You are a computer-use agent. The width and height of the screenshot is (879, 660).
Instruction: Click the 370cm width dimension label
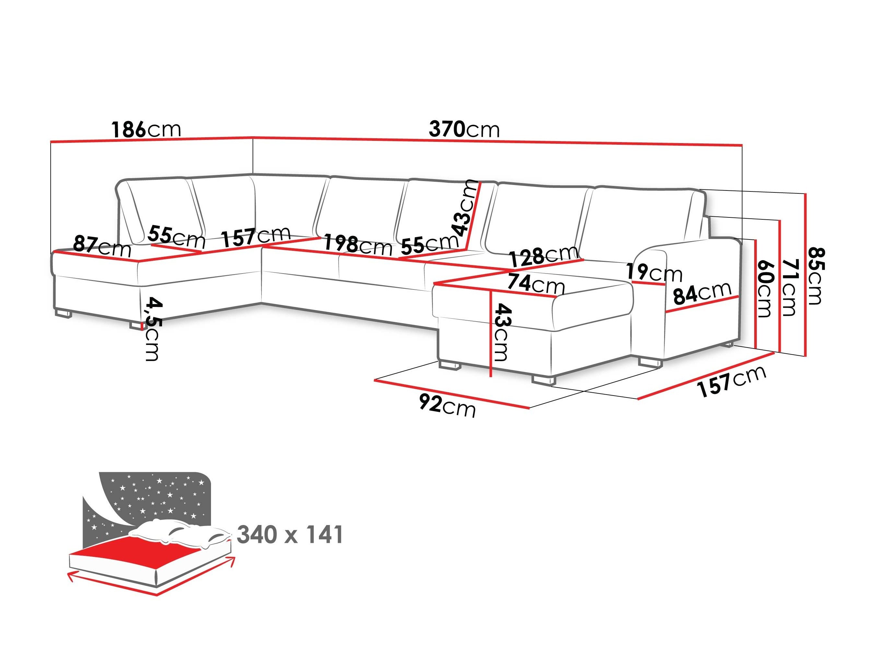tap(464, 129)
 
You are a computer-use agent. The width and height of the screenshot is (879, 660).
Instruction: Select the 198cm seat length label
tap(357, 245)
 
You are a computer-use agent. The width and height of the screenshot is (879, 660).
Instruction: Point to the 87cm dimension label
tap(102, 246)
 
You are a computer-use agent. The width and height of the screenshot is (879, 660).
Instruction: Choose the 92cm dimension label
tap(447, 405)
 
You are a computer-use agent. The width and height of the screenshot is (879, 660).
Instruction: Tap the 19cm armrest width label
tap(654, 273)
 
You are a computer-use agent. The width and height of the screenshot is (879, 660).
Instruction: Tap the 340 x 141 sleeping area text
tap(290, 535)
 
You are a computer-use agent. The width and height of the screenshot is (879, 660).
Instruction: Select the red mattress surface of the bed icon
tap(131, 551)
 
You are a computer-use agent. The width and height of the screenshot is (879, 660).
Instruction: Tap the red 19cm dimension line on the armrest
tap(648, 283)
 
